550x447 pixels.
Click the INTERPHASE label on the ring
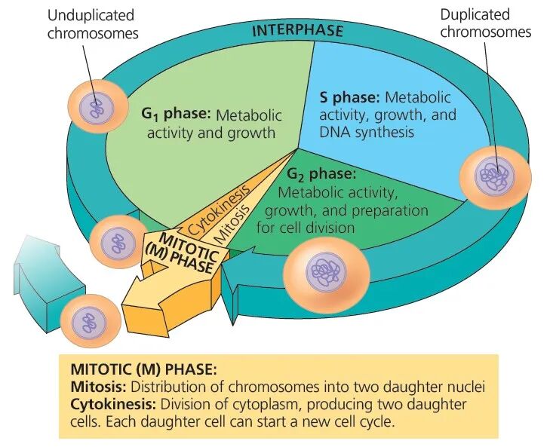point(297,31)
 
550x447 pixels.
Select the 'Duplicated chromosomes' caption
point(485,23)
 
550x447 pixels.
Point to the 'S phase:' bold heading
point(350,98)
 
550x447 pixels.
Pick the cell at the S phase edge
point(495,176)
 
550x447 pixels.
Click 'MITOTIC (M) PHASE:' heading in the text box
point(143,370)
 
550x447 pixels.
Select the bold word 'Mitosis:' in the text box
point(98,387)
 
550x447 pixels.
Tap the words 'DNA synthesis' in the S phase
point(367,133)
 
